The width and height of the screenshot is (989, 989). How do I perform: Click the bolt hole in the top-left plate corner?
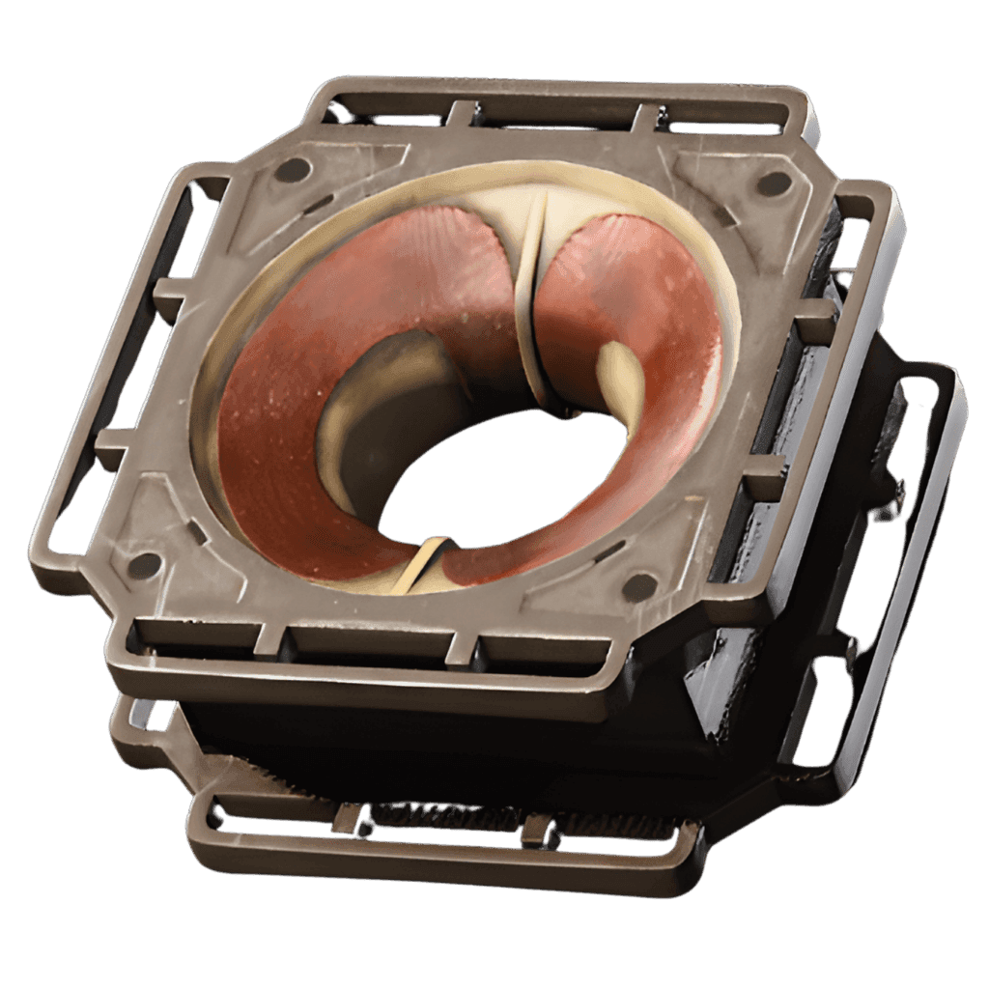coord(292,171)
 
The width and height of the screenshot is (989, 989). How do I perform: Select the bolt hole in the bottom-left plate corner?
coord(145,566)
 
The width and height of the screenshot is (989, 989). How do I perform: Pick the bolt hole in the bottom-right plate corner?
coord(638,586)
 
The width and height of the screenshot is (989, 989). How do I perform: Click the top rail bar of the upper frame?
coord(560,101)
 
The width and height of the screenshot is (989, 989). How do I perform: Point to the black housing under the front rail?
coord(435,744)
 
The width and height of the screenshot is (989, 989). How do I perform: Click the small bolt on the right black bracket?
coord(898,493)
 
